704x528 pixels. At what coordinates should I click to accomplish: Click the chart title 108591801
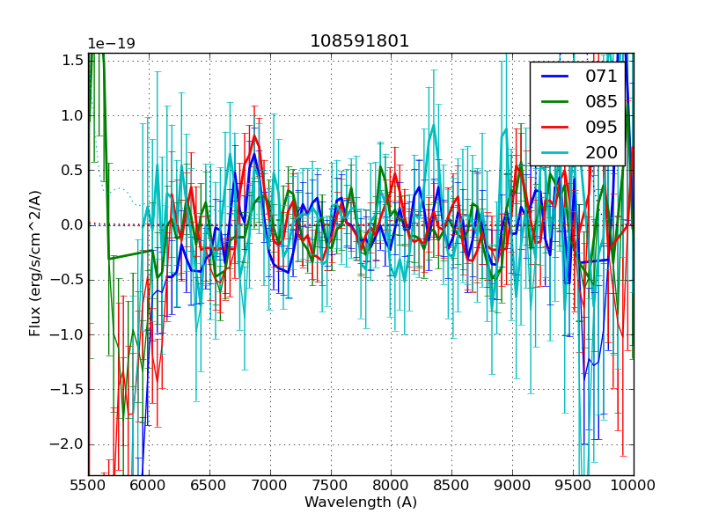pyautogui.click(x=359, y=41)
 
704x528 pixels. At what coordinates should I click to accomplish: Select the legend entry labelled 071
pyautogui.click(x=601, y=76)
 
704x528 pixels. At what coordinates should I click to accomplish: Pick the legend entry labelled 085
pyautogui.click(x=601, y=101)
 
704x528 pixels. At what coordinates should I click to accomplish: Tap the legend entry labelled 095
pyautogui.click(x=601, y=127)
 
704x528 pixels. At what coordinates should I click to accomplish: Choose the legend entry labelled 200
pyautogui.click(x=601, y=152)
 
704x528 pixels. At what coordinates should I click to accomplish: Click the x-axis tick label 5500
pyautogui.click(x=88, y=485)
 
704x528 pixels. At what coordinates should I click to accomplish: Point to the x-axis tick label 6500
pyautogui.click(x=209, y=485)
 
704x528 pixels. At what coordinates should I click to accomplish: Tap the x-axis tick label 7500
pyautogui.click(x=331, y=485)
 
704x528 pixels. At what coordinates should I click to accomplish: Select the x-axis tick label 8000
pyautogui.click(x=391, y=485)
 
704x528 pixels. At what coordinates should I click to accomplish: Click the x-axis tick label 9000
pyautogui.click(x=512, y=485)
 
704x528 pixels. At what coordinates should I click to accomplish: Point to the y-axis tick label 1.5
pyautogui.click(x=72, y=60)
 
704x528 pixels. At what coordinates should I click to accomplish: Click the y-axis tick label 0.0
pyautogui.click(x=72, y=224)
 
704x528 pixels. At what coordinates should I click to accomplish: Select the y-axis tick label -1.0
pyautogui.click(x=70, y=334)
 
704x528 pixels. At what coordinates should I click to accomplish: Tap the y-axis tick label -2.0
pyautogui.click(x=70, y=444)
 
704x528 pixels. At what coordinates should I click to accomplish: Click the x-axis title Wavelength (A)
pyautogui.click(x=361, y=502)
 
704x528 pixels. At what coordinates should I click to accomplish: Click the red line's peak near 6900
pyautogui.click(x=255, y=136)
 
